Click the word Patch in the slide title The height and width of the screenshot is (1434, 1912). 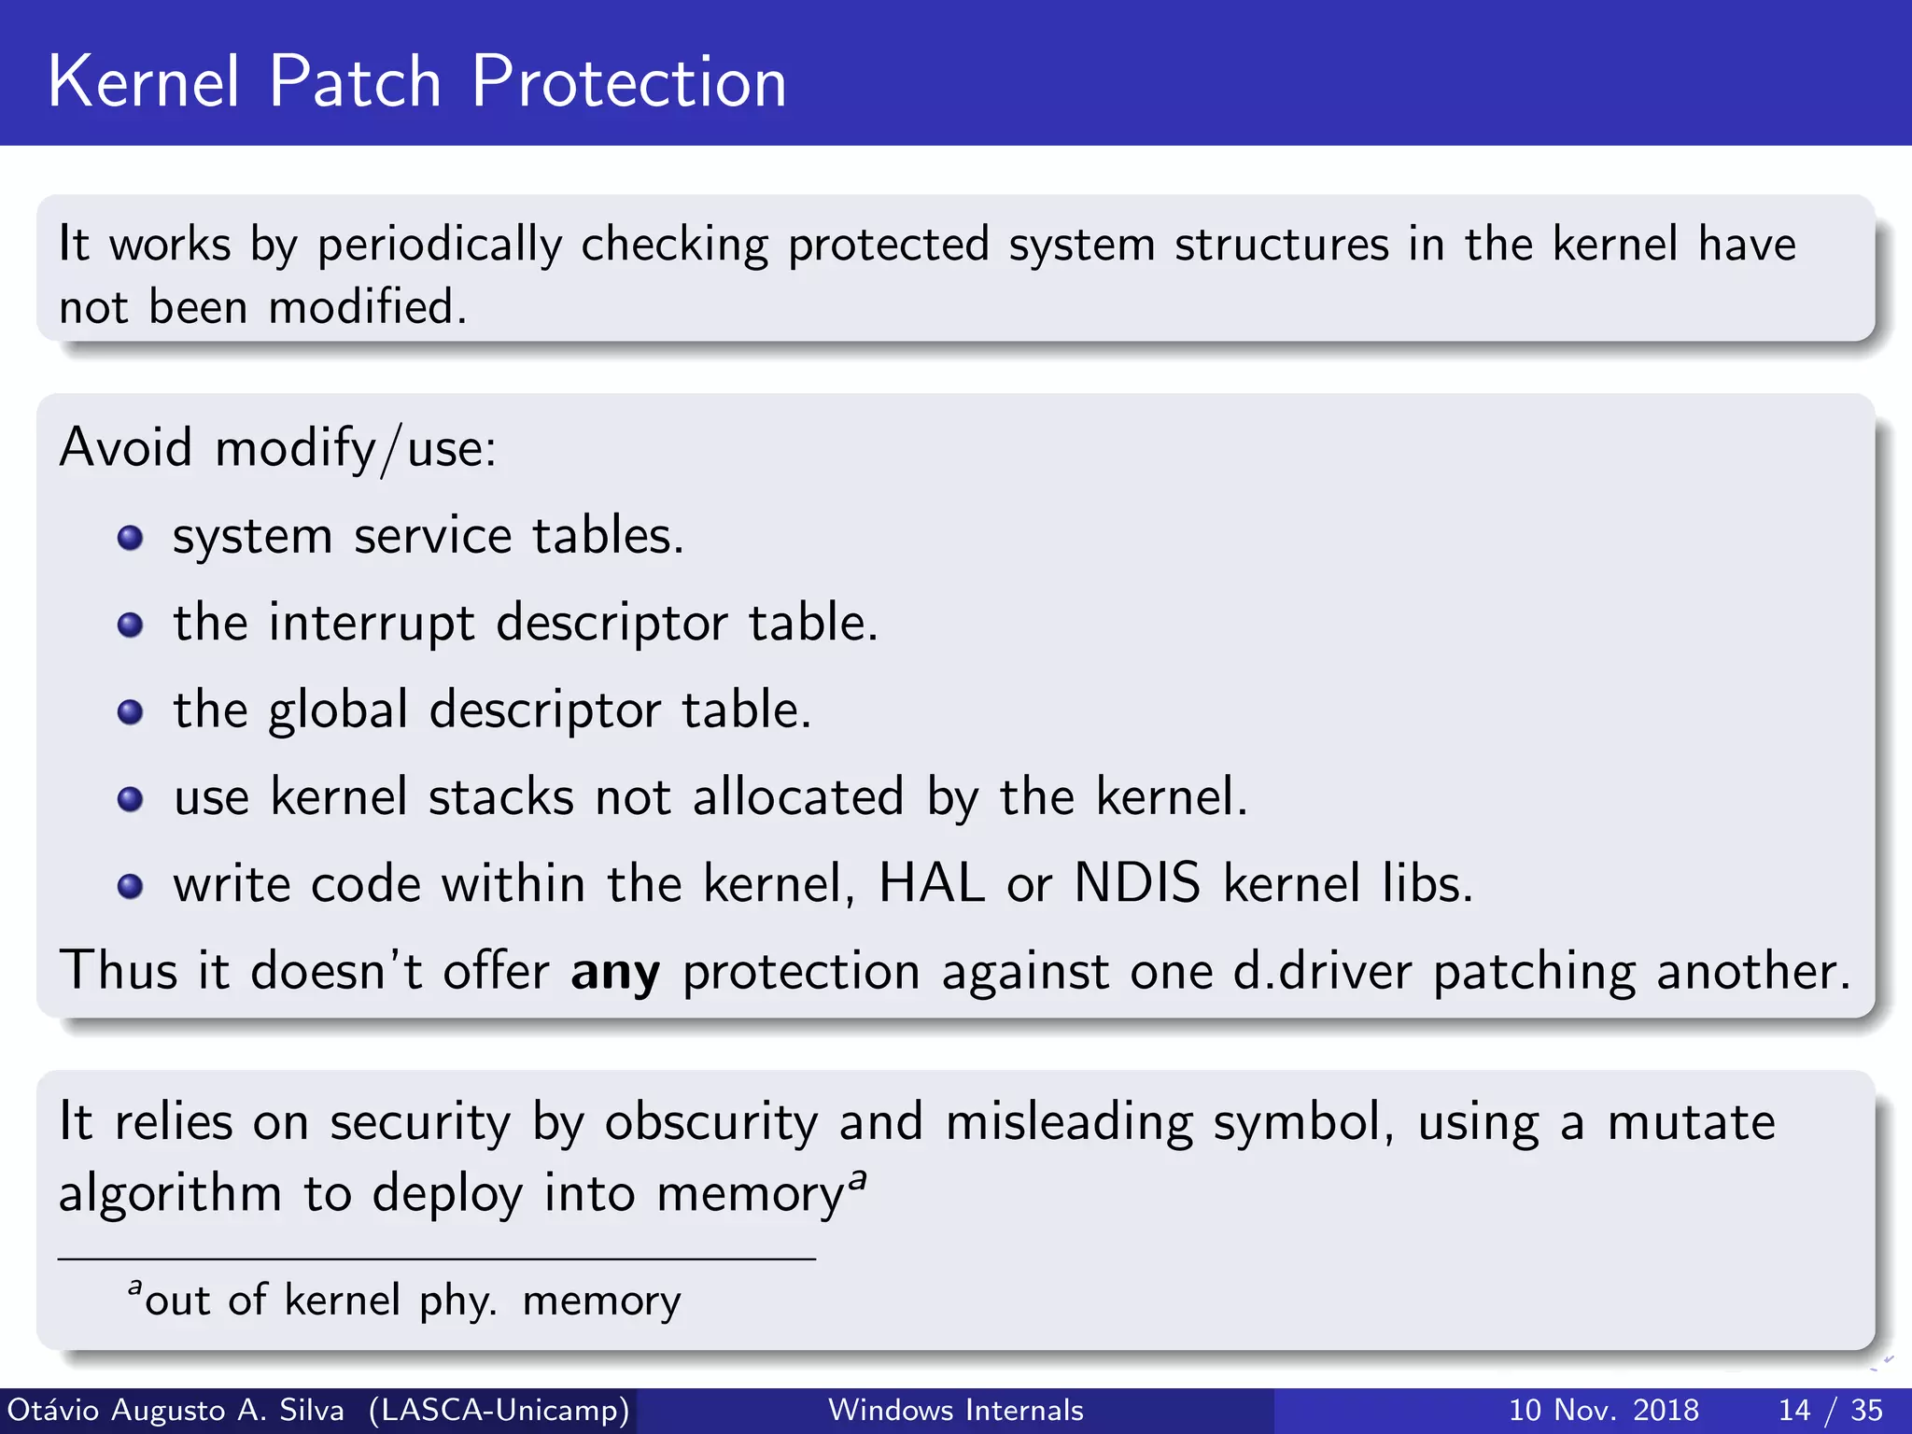[355, 82]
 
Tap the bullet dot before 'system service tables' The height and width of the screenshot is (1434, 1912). [130, 538]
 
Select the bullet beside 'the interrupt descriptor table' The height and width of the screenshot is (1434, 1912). [130, 625]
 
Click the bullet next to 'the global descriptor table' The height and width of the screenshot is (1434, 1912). [130, 712]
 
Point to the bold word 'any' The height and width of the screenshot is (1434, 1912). [615, 972]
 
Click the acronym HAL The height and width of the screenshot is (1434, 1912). [932, 882]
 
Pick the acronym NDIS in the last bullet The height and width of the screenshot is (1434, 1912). [1137, 882]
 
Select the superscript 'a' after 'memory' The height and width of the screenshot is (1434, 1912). [858, 1178]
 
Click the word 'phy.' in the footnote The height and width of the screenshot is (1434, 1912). [457, 1300]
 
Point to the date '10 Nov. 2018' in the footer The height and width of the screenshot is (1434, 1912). [1603, 1410]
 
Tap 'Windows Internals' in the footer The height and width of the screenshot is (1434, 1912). [956, 1410]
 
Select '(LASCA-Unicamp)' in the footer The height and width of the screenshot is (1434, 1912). [499, 1410]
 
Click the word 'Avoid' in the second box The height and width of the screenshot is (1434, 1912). [126, 447]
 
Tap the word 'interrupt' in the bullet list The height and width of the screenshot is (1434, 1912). [372, 623]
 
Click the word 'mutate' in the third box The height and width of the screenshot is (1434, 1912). [1691, 1121]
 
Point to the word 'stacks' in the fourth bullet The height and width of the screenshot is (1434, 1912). [501, 797]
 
